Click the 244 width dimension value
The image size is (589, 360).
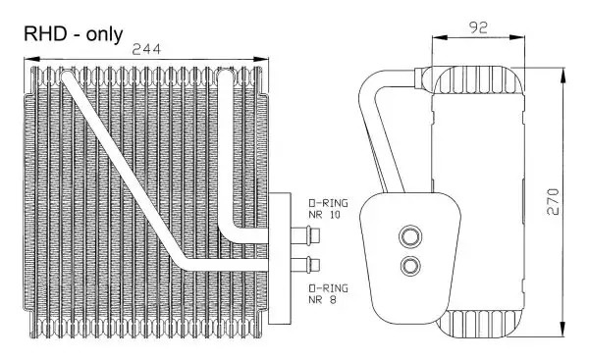tap(146, 50)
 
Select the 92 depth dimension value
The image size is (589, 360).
tap(478, 27)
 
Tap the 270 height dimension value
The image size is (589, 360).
tap(553, 202)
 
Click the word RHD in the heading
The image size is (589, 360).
tap(46, 33)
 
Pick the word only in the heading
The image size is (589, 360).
tap(104, 34)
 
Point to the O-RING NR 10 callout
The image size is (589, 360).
tap(328, 209)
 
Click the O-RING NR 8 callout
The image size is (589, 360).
tap(328, 294)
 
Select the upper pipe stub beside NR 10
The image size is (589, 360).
tap(305, 235)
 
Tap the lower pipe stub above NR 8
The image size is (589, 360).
tap(305, 265)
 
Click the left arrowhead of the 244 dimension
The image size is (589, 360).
tap(31, 59)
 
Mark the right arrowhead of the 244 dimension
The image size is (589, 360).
tap(261, 59)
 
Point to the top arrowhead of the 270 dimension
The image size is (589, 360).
tap(562, 76)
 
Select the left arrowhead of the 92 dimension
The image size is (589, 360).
tap(440, 37)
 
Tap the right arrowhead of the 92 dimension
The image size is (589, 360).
tap(516, 37)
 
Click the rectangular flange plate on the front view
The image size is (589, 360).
tap(280, 258)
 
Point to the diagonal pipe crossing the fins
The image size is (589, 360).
tap(124, 170)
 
